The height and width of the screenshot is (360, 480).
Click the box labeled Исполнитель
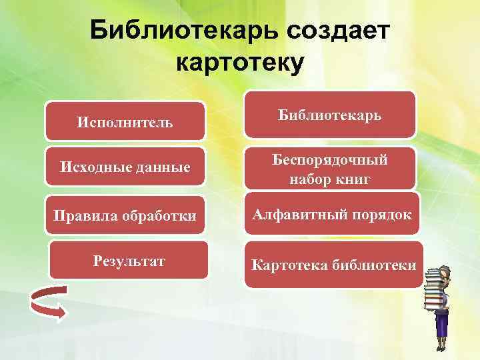[125, 122]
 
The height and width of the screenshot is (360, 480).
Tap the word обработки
[155, 216]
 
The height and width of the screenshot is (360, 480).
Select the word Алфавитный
[295, 215]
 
